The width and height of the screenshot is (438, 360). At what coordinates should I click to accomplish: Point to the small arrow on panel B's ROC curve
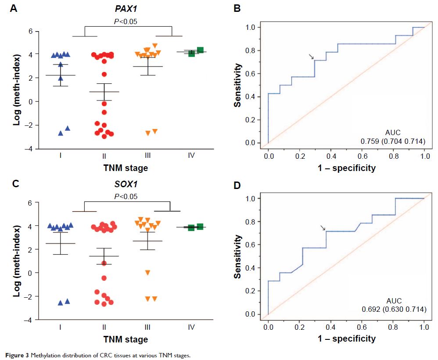[311, 57]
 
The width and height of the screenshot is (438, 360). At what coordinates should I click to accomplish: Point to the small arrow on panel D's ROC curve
[323, 228]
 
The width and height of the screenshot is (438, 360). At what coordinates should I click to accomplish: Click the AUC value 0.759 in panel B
[370, 141]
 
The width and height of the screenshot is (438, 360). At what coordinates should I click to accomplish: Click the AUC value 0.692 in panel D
[370, 309]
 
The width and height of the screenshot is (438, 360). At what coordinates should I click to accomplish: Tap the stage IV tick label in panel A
[191, 155]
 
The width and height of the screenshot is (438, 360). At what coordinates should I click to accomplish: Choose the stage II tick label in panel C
[104, 327]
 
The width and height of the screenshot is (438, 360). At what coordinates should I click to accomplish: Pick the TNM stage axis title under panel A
[126, 168]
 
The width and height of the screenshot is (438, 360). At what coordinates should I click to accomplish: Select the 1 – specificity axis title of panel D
[346, 339]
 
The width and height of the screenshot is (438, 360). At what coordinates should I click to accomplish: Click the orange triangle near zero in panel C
[148, 273]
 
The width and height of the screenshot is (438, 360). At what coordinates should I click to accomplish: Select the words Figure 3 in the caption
[15, 355]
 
